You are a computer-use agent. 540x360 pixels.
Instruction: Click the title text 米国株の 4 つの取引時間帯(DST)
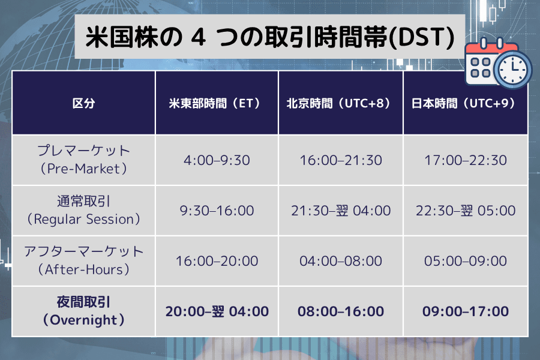(270, 37)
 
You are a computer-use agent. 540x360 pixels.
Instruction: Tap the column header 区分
(83, 103)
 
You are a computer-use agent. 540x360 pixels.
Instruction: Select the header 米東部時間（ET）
(217, 103)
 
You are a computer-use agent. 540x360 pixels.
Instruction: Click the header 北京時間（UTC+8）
(341, 103)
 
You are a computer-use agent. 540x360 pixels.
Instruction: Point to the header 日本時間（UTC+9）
(465, 103)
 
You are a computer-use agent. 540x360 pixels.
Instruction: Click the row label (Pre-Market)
(83, 169)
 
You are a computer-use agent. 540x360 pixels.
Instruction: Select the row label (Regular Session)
(83, 219)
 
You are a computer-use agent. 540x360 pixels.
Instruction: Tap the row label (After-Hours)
(83, 269)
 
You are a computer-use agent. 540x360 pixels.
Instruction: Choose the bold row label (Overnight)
(83, 320)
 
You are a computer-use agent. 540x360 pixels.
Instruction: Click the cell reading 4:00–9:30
(217, 160)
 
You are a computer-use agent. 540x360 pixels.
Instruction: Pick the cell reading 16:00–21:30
(341, 160)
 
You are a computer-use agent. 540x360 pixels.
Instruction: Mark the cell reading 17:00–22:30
(465, 160)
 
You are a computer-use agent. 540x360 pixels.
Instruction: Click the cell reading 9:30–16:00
(217, 211)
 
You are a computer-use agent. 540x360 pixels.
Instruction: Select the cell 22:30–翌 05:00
(465, 211)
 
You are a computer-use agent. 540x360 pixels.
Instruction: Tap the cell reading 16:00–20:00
(217, 261)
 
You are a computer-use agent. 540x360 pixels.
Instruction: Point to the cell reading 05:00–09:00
(465, 261)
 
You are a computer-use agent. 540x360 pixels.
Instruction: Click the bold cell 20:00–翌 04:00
(217, 311)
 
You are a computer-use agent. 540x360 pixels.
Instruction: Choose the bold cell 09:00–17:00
(465, 311)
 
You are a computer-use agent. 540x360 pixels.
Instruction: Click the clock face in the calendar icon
(512, 69)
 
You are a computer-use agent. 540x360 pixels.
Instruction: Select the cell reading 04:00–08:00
(341, 261)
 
